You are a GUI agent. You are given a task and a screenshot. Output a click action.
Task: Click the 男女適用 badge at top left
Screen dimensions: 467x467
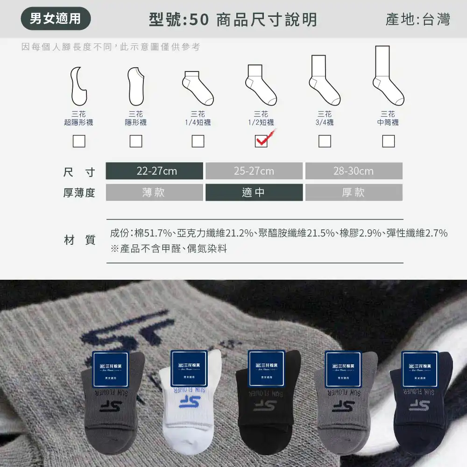(x=56, y=19)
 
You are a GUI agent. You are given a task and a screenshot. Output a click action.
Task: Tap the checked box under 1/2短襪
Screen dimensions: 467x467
(x=261, y=141)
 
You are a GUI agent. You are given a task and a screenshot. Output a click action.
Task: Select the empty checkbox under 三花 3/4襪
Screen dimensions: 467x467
(x=325, y=141)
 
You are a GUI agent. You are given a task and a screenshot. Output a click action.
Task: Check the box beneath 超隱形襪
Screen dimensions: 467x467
(x=79, y=141)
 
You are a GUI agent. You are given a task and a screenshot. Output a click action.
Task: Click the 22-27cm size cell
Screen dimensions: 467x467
(x=155, y=171)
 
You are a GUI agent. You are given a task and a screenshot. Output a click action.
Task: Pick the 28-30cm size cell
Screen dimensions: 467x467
(x=354, y=171)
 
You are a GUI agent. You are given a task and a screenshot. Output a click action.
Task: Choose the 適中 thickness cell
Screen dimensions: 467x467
(x=254, y=192)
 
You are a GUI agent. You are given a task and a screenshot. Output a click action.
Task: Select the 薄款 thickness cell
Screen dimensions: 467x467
(x=155, y=192)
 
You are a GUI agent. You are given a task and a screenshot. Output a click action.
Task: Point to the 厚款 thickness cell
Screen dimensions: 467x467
(x=354, y=192)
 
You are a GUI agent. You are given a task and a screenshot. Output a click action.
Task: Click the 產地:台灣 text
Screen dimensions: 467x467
(x=418, y=19)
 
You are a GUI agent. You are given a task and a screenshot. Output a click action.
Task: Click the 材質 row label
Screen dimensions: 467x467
(x=79, y=241)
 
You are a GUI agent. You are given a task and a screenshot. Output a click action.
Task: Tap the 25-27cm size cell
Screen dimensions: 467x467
(x=254, y=171)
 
